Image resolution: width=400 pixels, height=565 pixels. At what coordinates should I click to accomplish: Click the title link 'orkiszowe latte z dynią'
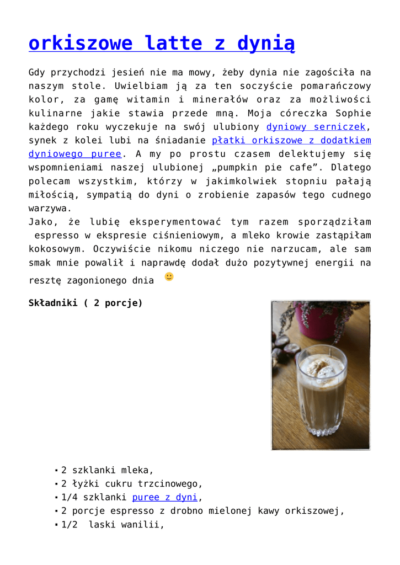pyautogui.click(x=161, y=43)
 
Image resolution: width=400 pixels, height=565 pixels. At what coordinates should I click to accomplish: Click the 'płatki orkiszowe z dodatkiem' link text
pyautogui.click(x=291, y=141)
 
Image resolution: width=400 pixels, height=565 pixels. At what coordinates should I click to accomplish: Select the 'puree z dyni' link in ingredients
pyautogui.click(x=164, y=498)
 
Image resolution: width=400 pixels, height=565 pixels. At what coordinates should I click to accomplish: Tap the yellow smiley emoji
pyautogui.click(x=169, y=276)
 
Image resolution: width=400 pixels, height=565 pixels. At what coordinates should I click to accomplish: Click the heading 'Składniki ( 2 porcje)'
pyautogui.click(x=86, y=303)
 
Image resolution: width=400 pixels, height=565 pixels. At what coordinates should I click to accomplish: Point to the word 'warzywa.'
pyautogui.click(x=50, y=209)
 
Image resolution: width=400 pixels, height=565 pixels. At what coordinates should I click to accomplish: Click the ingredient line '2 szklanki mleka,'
pyautogui.click(x=107, y=471)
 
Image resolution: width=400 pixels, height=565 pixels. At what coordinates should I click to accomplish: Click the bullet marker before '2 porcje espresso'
pyautogui.click(x=56, y=511)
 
